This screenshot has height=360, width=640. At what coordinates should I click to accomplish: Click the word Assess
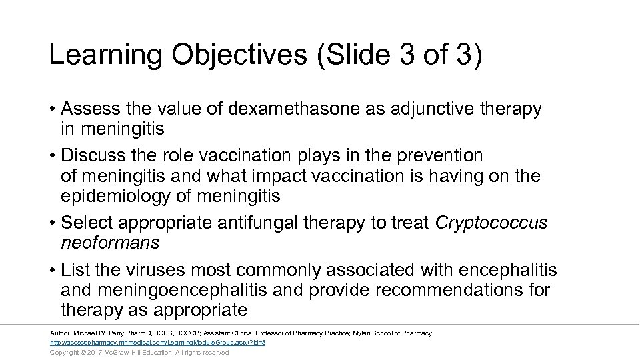click(x=87, y=109)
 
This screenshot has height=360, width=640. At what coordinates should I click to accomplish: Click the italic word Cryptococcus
click(x=491, y=223)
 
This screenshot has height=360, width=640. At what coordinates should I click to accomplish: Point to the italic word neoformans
click(x=110, y=243)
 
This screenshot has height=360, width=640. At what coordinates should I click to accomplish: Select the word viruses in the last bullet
click(x=154, y=271)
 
